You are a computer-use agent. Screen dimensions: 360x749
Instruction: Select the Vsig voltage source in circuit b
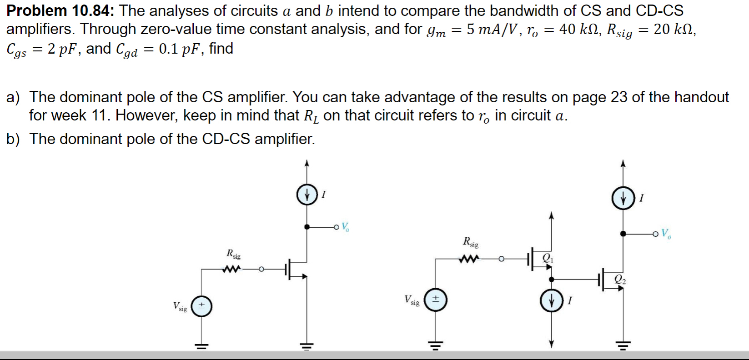[x=435, y=300]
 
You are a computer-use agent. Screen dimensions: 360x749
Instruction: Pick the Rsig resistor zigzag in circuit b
[x=469, y=260]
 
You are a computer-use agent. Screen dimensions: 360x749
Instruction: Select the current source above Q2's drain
[x=623, y=198]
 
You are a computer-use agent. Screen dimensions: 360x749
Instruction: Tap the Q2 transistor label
[x=620, y=280]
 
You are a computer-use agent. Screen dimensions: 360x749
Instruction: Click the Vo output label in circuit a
[x=345, y=227]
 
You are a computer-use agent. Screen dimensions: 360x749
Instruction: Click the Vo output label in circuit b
[x=666, y=234]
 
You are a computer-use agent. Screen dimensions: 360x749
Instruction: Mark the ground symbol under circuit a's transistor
[x=307, y=346]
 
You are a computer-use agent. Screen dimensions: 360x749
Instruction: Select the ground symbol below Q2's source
[x=623, y=346]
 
